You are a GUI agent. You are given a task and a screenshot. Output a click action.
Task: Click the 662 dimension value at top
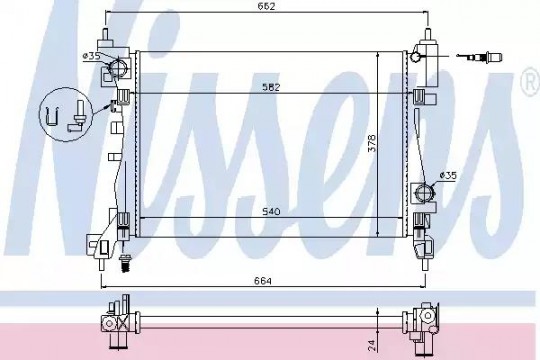click(x=267, y=6)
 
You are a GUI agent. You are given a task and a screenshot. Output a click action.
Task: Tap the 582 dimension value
click(x=271, y=87)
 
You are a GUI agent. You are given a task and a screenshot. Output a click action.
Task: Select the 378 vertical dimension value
click(x=372, y=143)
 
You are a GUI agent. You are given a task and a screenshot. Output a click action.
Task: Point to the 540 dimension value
click(x=271, y=211)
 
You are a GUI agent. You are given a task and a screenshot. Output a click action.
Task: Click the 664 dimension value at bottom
click(x=263, y=281)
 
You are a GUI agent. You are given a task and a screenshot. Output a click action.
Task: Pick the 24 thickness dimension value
click(x=372, y=345)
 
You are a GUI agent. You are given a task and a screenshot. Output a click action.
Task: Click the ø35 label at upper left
click(x=91, y=56)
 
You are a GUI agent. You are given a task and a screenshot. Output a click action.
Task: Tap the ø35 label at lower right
click(x=448, y=176)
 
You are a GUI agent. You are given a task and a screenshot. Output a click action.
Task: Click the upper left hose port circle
click(x=118, y=66)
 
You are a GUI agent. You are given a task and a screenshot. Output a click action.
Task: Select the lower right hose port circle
click(x=424, y=191)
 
